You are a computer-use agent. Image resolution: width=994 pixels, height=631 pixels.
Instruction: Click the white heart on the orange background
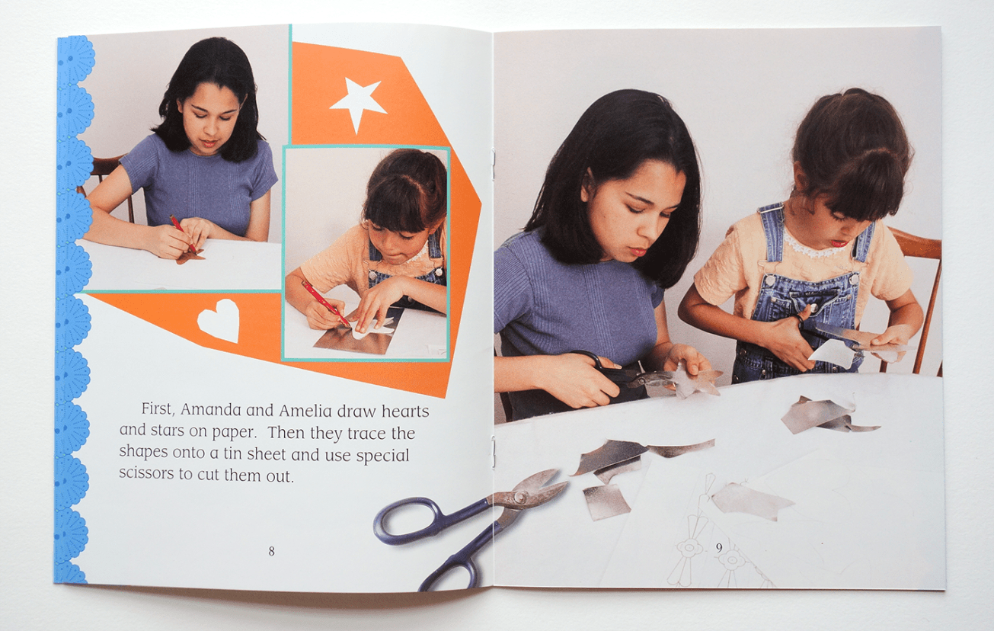tap(219, 321)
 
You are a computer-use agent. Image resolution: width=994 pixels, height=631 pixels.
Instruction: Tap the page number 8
tap(271, 551)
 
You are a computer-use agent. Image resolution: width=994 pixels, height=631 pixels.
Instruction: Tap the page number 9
tap(719, 546)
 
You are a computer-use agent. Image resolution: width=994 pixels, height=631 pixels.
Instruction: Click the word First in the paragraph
tap(155, 410)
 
